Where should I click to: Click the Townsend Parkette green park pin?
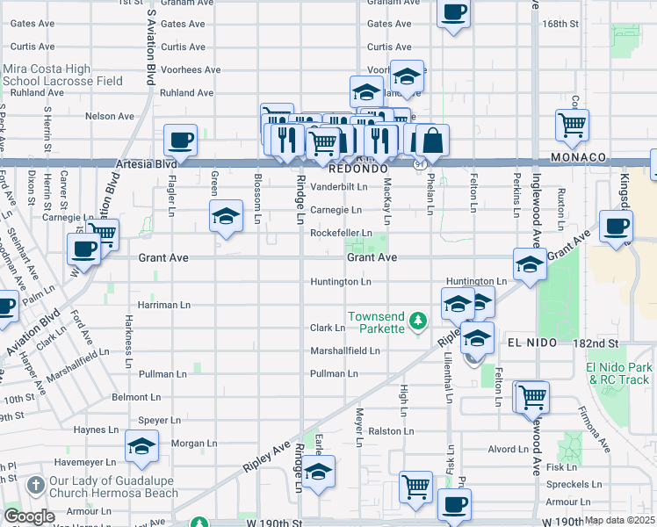click(x=420, y=318)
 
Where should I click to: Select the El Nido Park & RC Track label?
click(x=619, y=372)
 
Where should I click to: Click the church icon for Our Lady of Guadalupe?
click(x=34, y=484)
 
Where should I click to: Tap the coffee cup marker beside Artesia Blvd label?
click(x=181, y=141)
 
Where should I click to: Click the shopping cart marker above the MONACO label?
click(x=572, y=125)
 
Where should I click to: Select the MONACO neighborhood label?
click(x=579, y=156)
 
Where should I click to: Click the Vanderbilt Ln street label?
click(x=338, y=187)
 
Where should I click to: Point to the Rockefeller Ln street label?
click(x=341, y=233)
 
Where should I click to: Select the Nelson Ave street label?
click(x=110, y=116)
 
